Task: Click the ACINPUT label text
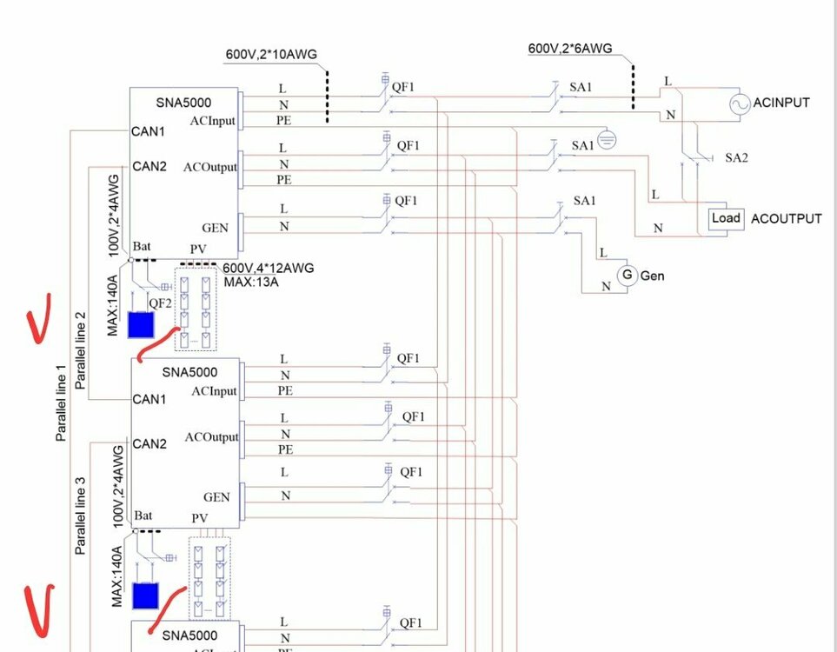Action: [781, 103]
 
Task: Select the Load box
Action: [726, 218]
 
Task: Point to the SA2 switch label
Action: [735, 158]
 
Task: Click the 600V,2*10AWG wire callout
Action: [270, 54]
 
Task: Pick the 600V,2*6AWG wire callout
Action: [569, 49]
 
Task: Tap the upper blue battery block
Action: [140, 324]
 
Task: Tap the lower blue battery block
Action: [145, 596]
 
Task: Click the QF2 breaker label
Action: [159, 303]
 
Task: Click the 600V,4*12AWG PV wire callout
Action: [268, 268]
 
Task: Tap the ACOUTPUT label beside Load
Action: [786, 218]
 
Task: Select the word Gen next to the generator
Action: [652, 276]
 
